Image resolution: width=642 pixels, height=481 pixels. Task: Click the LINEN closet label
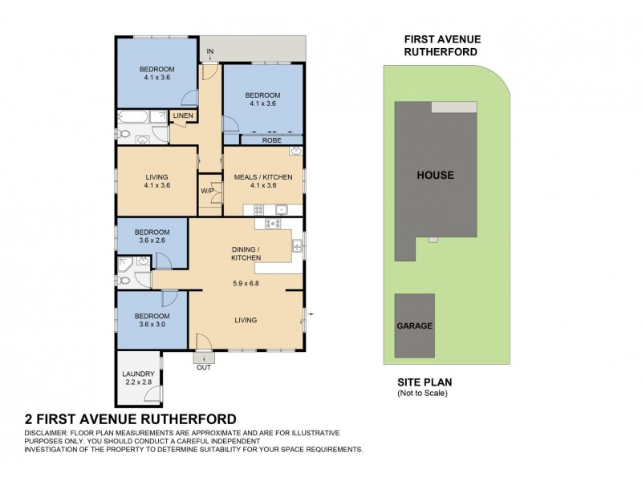click(x=182, y=117)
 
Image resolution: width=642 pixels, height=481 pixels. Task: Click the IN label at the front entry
click(x=210, y=53)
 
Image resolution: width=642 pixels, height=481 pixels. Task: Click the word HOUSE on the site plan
click(x=435, y=175)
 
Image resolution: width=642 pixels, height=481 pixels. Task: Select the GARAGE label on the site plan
click(x=414, y=326)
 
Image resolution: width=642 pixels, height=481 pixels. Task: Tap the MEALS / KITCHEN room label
click(x=262, y=176)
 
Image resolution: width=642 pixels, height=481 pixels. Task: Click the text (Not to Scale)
click(x=422, y=394)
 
